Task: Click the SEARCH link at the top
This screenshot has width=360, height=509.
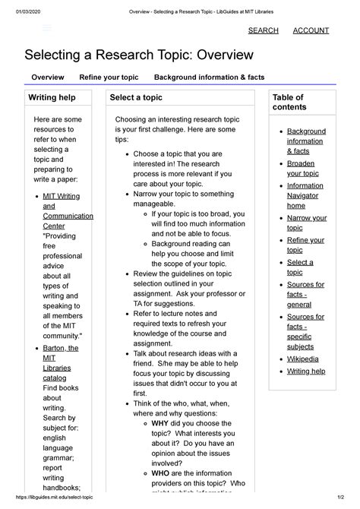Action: (264, 30)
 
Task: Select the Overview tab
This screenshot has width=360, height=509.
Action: (47, 77)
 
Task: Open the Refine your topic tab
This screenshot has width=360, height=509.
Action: (109, 77)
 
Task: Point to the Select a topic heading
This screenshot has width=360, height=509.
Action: (136, 98)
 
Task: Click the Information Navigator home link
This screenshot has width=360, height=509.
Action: (305, 195)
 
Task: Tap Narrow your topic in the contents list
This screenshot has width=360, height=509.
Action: (306, 223)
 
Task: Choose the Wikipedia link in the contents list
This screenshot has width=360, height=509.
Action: (302, 359)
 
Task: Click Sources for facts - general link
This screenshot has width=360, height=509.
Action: (305, 295)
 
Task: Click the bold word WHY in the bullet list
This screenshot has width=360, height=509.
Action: (160, 423)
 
